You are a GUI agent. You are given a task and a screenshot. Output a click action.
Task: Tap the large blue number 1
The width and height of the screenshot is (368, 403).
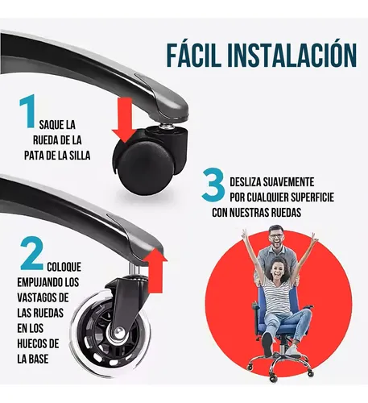pyautogui.click(x=27, y=110)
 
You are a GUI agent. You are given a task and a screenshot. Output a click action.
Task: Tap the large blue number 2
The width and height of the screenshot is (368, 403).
pyautogui.click(x=32, y=253)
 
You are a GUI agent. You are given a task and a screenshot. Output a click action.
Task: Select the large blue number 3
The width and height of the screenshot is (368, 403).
pyautogui.click(x=213, y=185)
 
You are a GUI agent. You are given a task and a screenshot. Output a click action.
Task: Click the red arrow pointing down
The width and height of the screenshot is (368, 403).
pyautogui.click(x=125, y=119)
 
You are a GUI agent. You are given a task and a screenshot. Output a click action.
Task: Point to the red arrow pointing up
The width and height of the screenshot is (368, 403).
pyautogui.click(x=155, y=270)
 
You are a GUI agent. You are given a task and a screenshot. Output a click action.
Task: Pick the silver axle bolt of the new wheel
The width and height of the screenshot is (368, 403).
pyautogui.click(x=118, y=333)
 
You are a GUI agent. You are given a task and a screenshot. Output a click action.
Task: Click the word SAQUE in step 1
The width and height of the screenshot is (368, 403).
pyautogui.click(x=50, y=125)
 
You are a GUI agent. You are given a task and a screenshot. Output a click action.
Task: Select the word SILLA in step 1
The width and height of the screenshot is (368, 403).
pyautogui.click(x=79, y=156)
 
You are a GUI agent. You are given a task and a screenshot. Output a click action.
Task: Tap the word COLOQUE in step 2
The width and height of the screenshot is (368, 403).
pyautogui.click(x=64, y=267)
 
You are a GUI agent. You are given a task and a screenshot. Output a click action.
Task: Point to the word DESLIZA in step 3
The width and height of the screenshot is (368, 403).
pyautogui.click(x=246, y=182)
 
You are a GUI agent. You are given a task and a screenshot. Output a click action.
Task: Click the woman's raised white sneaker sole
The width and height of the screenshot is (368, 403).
pyautogui.click(x=267, y=344)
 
